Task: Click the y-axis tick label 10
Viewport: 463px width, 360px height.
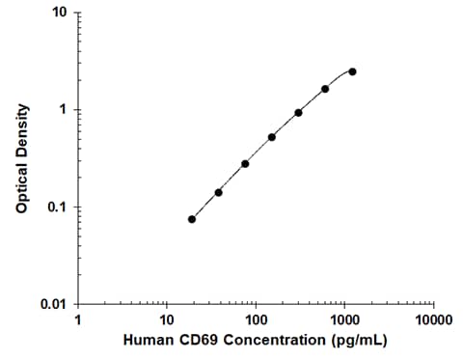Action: point(58,13)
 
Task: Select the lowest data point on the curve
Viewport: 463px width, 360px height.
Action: point(192,219)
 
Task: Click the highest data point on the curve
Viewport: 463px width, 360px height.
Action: point(352,71)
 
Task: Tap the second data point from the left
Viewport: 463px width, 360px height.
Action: point(218,192)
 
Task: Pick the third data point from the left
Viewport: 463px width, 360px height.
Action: point(245,164)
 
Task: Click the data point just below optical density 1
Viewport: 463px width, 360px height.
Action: point(298,112)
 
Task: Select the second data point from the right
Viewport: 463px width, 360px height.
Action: point(325,89)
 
